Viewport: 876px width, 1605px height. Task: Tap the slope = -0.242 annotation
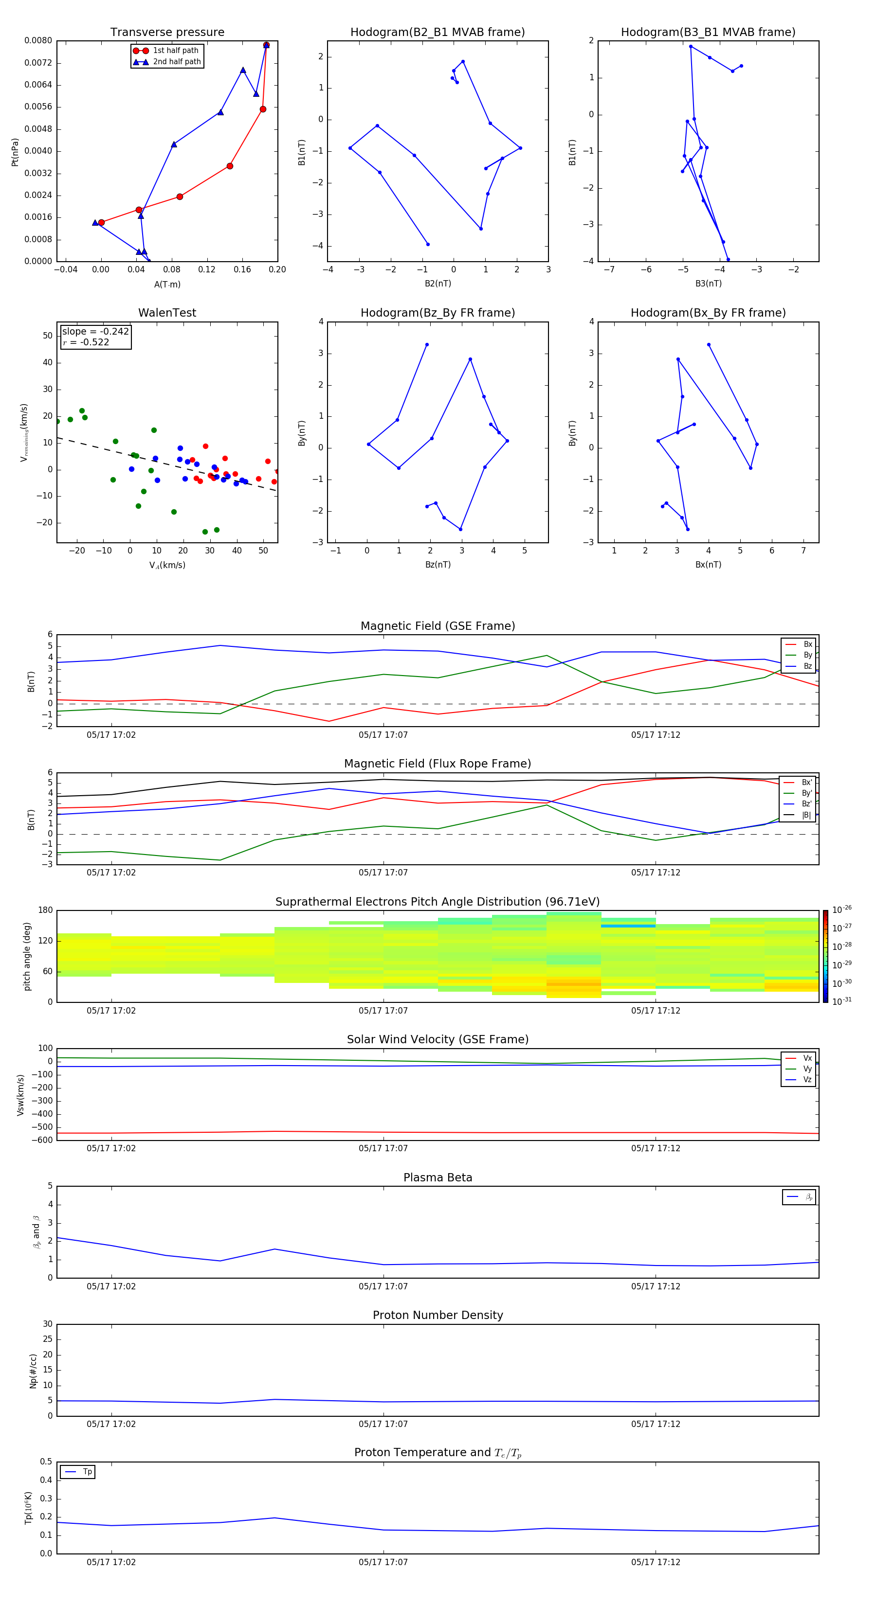[x=95, y=332]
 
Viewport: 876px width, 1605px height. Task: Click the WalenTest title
[x=167, y=313]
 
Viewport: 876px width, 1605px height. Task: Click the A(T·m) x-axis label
[x=167, y=285]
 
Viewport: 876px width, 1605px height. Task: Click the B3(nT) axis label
[x=708, y=284]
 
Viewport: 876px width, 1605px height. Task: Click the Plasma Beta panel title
[x=437, y=1177]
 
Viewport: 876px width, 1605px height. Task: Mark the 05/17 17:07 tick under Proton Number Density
[x=383, y=1424]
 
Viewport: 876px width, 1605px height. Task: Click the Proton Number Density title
[x=437, y=1315]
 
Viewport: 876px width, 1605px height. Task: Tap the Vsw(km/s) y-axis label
[x=20, y=1095]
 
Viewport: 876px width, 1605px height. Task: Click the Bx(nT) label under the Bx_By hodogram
[x=708, y=565]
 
